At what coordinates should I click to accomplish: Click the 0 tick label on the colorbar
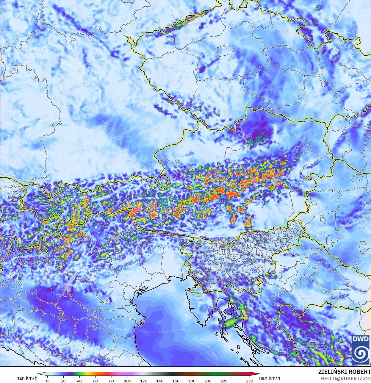pyautogui.click(x=47, y=381)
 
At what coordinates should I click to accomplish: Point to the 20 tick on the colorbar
pyautogui.click(x=63, y=381)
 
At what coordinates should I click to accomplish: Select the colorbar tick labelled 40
pyautogui.click(x=79, y=381)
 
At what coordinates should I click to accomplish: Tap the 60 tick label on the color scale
pyautogui.click(x=96, y=381)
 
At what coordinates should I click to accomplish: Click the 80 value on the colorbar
pyautogui.click(x=112, y=381)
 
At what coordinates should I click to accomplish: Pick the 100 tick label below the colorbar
pyautogui.click(x=128, y=381)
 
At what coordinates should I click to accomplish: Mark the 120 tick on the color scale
pyautogui.click(x=144, y=381)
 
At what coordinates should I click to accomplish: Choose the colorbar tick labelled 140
pyautogui.click(x=160, y=381)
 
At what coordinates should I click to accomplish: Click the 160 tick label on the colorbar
pyautogui.click(x=176, y=381)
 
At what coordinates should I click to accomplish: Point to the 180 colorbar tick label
pyautogui.click(x=192, y=381)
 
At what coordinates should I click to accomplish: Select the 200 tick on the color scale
pyautogui.click(x=208, y=381)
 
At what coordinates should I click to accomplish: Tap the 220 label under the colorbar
pyautogui.click(x=224, y=381)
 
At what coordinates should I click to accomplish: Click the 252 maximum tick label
pyautogui.click(x=250, y=381)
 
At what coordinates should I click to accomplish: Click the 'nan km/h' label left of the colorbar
pyautogui.click(x=27, y=378)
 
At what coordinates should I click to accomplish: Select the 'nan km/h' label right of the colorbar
pyautogui.click(x=270, y=378)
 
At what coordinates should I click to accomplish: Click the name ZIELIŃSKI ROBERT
pyautogui.click(x=344, y=372)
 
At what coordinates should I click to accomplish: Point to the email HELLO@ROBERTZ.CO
pyautogui.click(x=345, y=379)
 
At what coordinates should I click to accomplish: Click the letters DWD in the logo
pyautogui.click(x=361, y=339)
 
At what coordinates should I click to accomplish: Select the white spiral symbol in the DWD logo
pyautogui.click(x=361, y=353)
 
